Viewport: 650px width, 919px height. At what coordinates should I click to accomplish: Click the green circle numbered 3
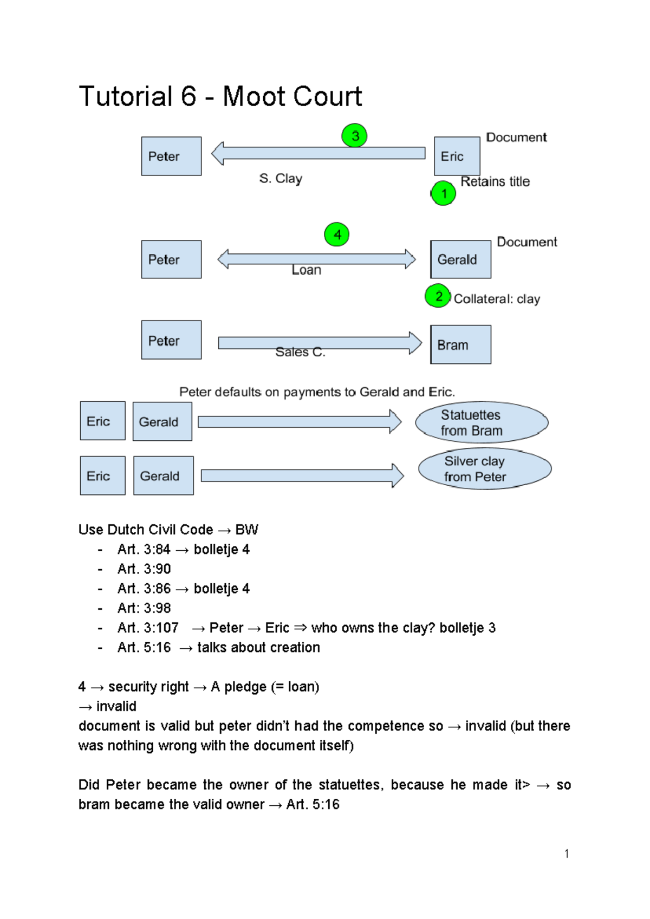click(x=354, y=135)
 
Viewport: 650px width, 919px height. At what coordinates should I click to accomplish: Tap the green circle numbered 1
click(x=443, y=193)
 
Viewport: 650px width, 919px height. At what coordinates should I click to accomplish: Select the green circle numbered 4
click(x=336, y=234)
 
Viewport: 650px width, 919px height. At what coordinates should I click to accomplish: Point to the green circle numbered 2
click(x=438, y=296)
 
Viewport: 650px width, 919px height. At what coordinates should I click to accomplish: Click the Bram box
click(x=460, y=344)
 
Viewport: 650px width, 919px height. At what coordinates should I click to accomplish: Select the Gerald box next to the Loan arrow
click(x=460, y=259)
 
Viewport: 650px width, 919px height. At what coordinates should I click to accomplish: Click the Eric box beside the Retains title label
click(x=457, y=156)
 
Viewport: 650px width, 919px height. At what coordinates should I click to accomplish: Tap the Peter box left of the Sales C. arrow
click(x=171, y=340)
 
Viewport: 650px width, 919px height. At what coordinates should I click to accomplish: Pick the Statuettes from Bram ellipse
click(x=482, y=422)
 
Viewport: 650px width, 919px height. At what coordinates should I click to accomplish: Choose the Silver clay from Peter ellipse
click(x=484, y=468)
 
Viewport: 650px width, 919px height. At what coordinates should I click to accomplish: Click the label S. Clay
click(x=281, y=178)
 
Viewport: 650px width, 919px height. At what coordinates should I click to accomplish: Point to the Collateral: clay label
click(x=497, y=299)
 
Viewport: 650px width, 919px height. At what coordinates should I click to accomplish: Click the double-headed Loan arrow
click(x=316, y=259)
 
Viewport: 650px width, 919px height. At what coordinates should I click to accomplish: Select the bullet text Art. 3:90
click(x=144, y=569)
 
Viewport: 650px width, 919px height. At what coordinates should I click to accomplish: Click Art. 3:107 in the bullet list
click(x=148, y=628)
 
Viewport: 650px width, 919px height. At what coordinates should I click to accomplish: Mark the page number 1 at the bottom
click(x=567, y=854)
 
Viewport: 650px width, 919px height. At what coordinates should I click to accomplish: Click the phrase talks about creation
click(x=258, y=647)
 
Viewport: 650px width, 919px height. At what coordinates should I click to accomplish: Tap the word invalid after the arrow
click(x=116, y=706)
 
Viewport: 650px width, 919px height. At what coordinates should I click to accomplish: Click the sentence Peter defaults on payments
click(x=317, y=392)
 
